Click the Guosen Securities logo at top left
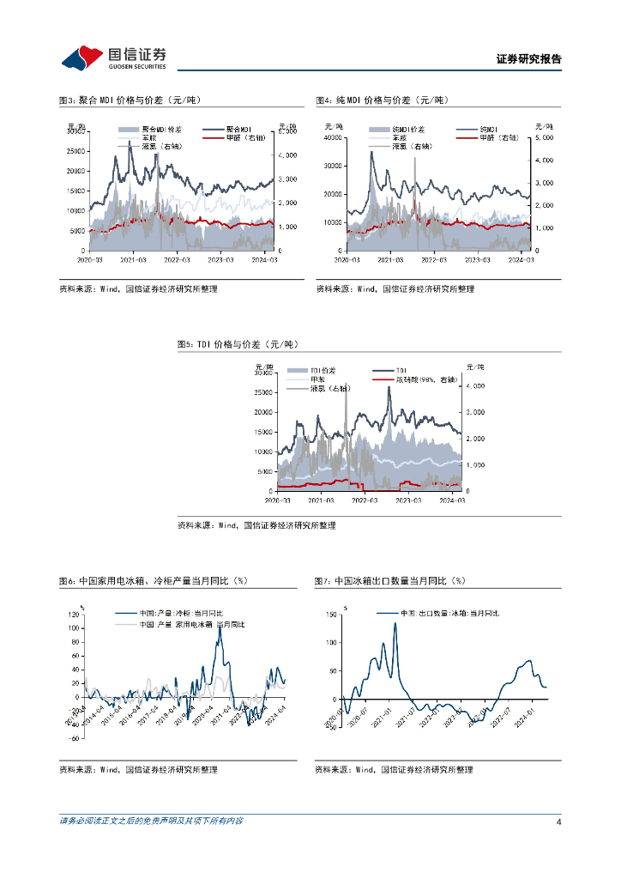(x=114, y=58)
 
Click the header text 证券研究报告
(x=529, y=59)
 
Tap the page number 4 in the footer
(x=558, y=821)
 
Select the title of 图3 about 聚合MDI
(x=129, y=100)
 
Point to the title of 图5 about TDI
(x=237, y=344)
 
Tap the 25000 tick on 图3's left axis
(x=74, y=149)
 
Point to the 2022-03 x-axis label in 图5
(x=365, y=499)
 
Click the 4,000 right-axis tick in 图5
(x=473, y=386)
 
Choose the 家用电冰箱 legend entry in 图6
(x=192, y=624)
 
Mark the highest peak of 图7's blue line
(x=395, y=623)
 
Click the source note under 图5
(x=256, y=525)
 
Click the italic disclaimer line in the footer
(x=151, y=821)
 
